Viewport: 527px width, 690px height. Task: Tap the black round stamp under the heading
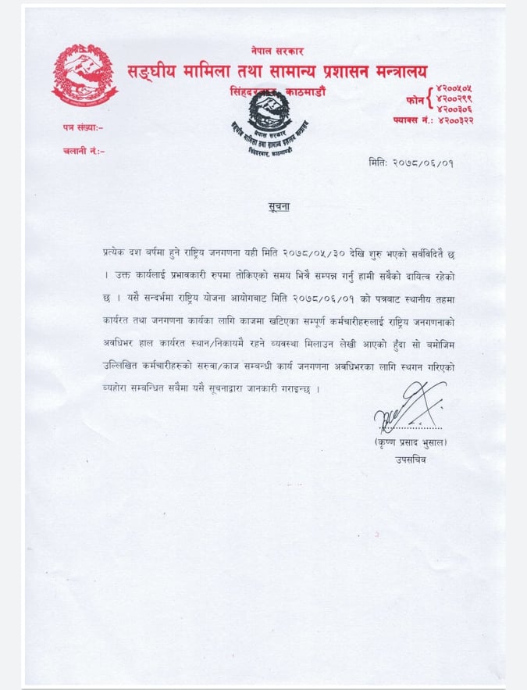[x=269, y=128]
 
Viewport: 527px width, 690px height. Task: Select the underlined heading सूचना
[x=269, y=205]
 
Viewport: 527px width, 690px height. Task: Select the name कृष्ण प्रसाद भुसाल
[x=411, y=443]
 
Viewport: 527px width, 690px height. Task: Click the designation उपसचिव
[x=411, y=459]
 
